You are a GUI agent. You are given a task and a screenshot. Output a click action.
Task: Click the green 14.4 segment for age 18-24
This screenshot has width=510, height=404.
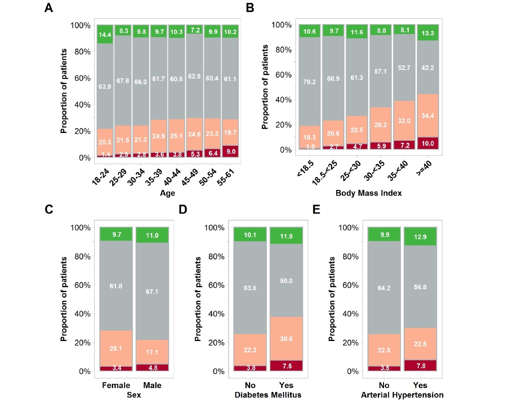tap(105, 34)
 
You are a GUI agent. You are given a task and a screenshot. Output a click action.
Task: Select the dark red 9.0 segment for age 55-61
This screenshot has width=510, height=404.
tap(230, 151)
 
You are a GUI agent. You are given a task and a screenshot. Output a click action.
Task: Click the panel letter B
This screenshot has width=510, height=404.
tap(250, 8)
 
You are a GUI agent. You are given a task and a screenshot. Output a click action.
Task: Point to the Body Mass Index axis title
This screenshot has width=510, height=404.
tap(368, 193)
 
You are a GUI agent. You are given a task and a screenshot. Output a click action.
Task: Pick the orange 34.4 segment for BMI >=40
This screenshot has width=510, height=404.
tap(427, 115)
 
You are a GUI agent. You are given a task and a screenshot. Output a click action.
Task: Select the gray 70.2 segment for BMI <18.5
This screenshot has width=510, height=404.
tap(309, 82)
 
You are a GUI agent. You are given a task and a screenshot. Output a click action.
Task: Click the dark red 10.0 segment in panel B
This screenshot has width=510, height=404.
tap(427, 143)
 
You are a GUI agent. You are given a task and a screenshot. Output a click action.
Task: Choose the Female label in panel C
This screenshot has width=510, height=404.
tap(116, 385)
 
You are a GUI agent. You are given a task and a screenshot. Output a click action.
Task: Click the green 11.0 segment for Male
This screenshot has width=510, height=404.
tap(152, 235)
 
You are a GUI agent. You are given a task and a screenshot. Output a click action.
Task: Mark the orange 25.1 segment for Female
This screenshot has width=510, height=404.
tap(116, 348)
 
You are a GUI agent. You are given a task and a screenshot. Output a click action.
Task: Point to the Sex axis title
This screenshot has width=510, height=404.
tap(134, 395)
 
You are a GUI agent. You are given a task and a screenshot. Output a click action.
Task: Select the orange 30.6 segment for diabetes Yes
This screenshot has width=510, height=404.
tap(286, 339)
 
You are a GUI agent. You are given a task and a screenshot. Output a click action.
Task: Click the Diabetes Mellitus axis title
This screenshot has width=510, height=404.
tap(268, 395)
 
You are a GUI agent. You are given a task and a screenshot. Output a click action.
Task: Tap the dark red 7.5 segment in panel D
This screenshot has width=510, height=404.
tap(286, 366)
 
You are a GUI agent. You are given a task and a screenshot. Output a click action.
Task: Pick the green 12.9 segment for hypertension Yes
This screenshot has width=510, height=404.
tap(420, 236)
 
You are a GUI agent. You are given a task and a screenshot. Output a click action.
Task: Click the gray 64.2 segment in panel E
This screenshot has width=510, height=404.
tap(384, 288)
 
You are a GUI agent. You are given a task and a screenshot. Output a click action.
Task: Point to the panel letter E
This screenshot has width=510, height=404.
tap(316, 209)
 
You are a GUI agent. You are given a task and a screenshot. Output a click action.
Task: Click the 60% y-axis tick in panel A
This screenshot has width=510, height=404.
tap(82, 78)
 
